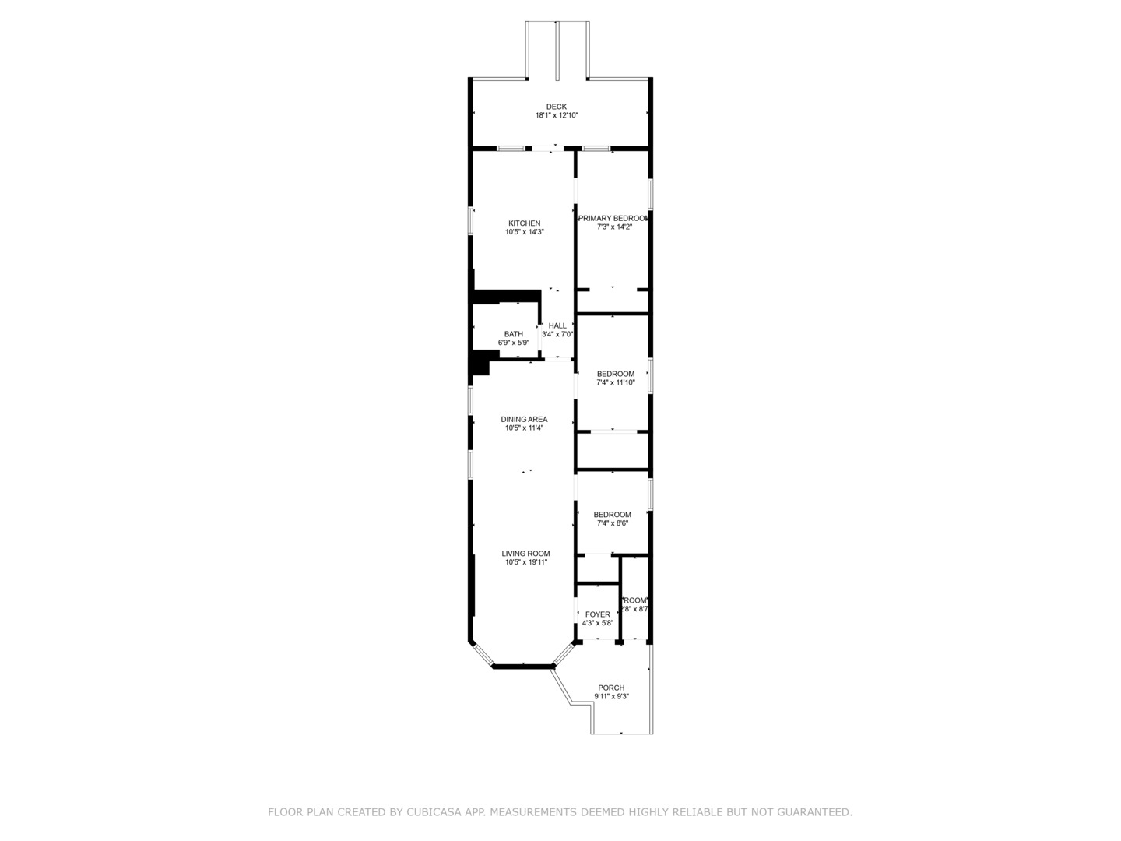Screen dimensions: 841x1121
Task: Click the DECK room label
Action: [556, 107]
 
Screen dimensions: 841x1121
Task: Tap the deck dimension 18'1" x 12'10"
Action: [556, 115]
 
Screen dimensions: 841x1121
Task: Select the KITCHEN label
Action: [524, 223]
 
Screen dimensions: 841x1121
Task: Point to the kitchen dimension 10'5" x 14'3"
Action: [524, 232]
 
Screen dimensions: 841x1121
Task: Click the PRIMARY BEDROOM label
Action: [613, 219]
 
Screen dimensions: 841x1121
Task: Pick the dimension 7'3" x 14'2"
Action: [613, 227]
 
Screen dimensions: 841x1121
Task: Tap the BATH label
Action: [513, 334]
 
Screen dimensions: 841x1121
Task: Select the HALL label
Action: [557, 325]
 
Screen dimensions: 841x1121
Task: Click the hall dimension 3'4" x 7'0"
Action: [557, 334]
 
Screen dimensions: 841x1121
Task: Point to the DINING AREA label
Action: [524, 419]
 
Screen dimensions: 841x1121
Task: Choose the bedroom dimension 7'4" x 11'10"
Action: [615, 382]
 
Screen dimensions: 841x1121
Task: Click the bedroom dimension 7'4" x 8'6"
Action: [612, 523]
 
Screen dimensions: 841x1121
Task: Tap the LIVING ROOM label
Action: [525, 554]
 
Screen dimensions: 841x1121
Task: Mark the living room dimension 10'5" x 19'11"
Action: [525, 562]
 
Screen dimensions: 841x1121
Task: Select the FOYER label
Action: [598, 614]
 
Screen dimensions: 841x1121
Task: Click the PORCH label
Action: [611, 688]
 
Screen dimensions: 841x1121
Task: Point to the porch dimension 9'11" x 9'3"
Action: [611, 696]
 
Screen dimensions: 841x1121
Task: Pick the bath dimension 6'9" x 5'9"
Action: [513, 343]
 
